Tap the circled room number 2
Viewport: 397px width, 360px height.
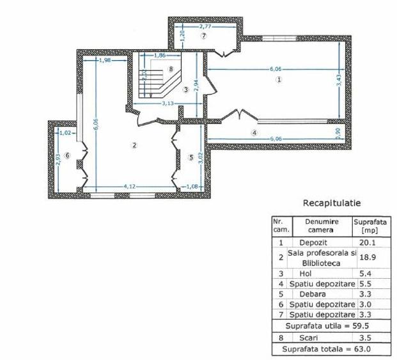pyautogui.click(x=134, y=145)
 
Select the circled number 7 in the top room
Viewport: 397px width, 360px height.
pyautogui.click(x=204, y=36)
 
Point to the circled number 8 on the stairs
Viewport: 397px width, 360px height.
pyautogui.click(x=171, y=68)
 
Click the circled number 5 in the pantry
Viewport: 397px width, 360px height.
pyautogui.click(x=191, y=157)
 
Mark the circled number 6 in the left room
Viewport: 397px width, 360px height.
pyautogui.click(x=66, y=155)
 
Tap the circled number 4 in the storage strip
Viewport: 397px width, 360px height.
pyautogui.click(x=254, y=133)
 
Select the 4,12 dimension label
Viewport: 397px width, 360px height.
pyautogui.click(x=129, y=186)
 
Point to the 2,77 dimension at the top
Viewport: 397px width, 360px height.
pyautogui.click(x=206, y=27)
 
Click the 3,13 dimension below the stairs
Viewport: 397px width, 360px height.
pyautogui.click(x=168, y=104)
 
